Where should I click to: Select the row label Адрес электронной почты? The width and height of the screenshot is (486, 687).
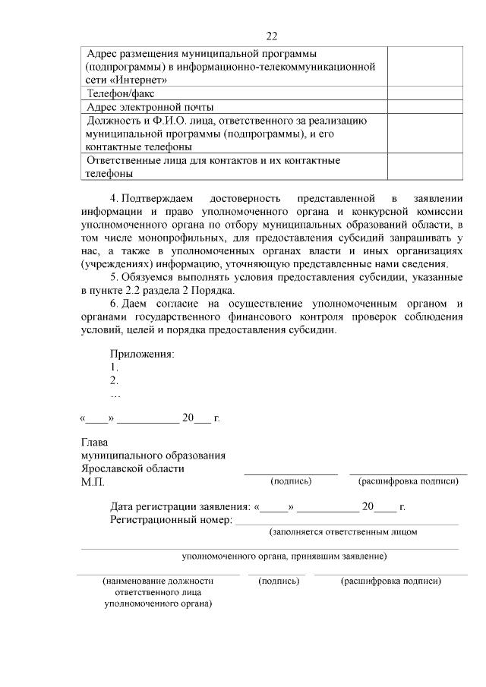pos(150,107)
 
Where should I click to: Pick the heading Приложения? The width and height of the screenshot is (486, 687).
pos(142,355)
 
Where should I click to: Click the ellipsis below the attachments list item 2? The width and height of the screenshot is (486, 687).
pos(115,395)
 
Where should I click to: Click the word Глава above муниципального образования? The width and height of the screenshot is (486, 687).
pos(95,442)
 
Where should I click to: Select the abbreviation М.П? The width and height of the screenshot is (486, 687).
pos(93,482)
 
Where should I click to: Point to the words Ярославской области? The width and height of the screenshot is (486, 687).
pos(132,468)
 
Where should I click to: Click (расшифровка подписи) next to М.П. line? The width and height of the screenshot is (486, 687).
pos(408,481)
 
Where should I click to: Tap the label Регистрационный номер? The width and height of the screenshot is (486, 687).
pos(170,520)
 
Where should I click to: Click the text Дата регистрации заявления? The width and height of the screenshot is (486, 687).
pos(179,506)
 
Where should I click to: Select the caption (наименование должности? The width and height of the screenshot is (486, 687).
pos(158,581)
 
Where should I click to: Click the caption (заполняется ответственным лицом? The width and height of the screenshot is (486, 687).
pos(343,532)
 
